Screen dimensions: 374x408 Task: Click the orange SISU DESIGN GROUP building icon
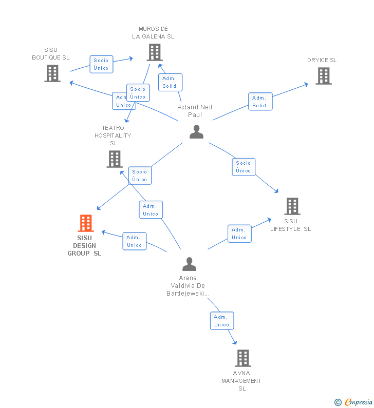pos(86,223)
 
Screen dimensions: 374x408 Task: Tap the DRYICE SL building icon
pos(324,76)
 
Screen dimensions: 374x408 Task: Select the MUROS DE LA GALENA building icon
pos(155,52)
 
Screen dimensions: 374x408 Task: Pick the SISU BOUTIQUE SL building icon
pos(52,73)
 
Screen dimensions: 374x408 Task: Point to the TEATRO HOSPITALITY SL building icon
pos(115,159)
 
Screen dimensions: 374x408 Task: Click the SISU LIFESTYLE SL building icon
pos(292,206)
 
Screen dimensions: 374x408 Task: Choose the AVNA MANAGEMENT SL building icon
pos(244,358)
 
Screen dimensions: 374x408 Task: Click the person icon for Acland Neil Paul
pos(196,132)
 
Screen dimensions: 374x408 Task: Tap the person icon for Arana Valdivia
pos(190,264)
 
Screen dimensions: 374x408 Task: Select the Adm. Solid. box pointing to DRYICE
pos(260,102)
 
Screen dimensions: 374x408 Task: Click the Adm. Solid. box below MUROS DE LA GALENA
pos(171,82)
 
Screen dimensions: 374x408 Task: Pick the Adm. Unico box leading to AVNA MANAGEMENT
pos(222,321)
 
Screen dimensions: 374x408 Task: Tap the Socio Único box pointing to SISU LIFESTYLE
pos(244,167)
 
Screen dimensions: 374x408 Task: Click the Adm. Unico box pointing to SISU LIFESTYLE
pos(239,234)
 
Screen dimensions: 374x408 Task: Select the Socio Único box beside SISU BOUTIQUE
pos(101,64)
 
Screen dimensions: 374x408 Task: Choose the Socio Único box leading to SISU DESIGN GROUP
pos(140,176)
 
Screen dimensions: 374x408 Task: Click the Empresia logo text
pos(359,402)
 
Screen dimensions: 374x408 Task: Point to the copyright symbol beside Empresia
pos(338,402)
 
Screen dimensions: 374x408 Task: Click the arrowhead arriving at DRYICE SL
pos(306,85)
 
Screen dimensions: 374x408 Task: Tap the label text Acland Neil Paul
pos(195,111)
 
